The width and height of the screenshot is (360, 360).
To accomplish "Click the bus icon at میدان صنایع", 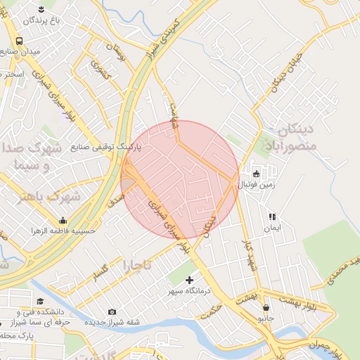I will click(x=18, y=41).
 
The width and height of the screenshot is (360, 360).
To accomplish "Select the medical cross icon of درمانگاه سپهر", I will click(x=189, y=280).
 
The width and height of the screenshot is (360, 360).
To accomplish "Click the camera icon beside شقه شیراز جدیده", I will click(x=112, y=311).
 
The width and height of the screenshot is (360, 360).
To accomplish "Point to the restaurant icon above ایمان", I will click(x=271, y=217).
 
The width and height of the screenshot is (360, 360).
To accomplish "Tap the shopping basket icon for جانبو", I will click(x=266, y=307).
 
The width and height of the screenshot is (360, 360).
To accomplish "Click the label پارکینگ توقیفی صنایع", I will click(x=106, y=148).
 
